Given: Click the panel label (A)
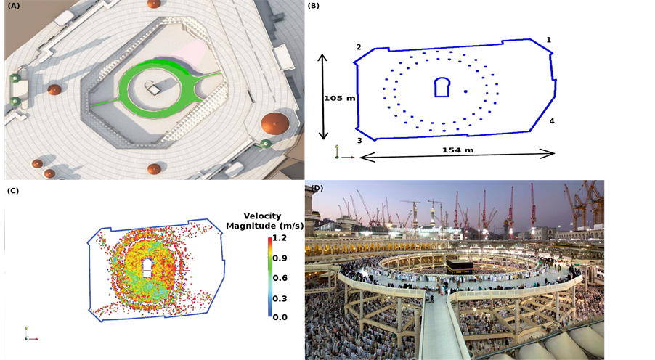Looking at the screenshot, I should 12,6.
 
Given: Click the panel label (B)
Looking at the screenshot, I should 314,6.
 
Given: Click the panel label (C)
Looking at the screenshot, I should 12,191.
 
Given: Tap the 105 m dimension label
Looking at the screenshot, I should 339,98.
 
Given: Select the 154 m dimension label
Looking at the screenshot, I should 457,150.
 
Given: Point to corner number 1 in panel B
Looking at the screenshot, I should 549,40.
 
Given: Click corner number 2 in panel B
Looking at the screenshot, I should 359,47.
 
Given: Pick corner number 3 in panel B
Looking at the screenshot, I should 359,141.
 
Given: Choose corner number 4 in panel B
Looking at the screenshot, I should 552,121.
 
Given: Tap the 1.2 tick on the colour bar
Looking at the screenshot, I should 280,238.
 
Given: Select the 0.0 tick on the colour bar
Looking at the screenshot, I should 280,317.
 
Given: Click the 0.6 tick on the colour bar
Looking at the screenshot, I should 280,278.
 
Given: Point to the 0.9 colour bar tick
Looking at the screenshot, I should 280,258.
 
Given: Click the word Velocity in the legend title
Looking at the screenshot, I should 262,216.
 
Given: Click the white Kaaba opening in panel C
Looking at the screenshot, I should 147,267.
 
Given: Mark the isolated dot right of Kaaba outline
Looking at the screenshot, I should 465,91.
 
